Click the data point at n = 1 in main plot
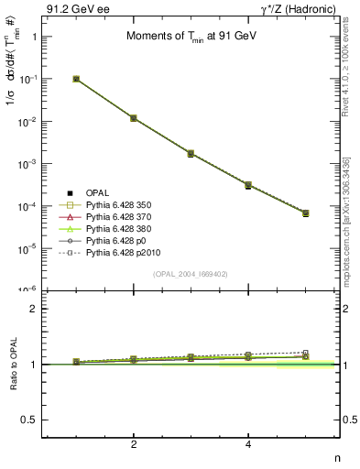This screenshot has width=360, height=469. pos(76,79)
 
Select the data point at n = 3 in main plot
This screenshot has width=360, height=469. pos(191,153)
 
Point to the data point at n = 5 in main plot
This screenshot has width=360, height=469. pos(305,213)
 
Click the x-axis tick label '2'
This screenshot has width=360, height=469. pos(134,444)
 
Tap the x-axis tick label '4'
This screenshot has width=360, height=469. pos(248,444)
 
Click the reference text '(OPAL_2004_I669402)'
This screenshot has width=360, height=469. pos(191,274)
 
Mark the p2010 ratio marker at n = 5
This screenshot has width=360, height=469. pos(305,352)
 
